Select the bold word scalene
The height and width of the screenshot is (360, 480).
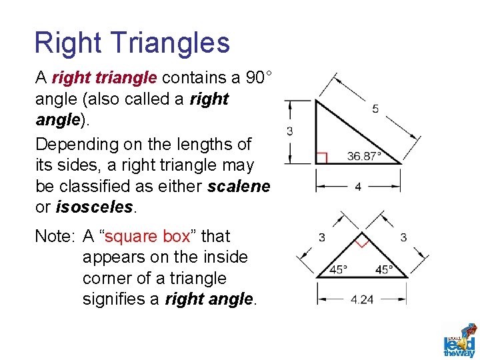coord(239,186)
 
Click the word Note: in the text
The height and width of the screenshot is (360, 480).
coord(56,237)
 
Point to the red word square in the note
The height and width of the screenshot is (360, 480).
coord(131,237)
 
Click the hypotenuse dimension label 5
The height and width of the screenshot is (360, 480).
coord(375,108)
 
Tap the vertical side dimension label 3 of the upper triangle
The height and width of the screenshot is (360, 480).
coord(290,131)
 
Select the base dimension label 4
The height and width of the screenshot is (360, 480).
coord(358,187)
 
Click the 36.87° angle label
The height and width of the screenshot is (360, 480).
coord(365,157)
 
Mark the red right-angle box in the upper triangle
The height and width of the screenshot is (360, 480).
coord(321,158)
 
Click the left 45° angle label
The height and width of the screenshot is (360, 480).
coord(339,270)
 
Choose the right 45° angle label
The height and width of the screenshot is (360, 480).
coord(385,270)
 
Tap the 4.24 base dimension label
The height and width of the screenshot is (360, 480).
coord(362,299)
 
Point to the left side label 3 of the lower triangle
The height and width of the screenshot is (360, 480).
coord(322,237)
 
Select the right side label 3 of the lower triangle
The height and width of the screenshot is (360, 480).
coord(403,237)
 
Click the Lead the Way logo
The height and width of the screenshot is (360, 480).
coord(460,341)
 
